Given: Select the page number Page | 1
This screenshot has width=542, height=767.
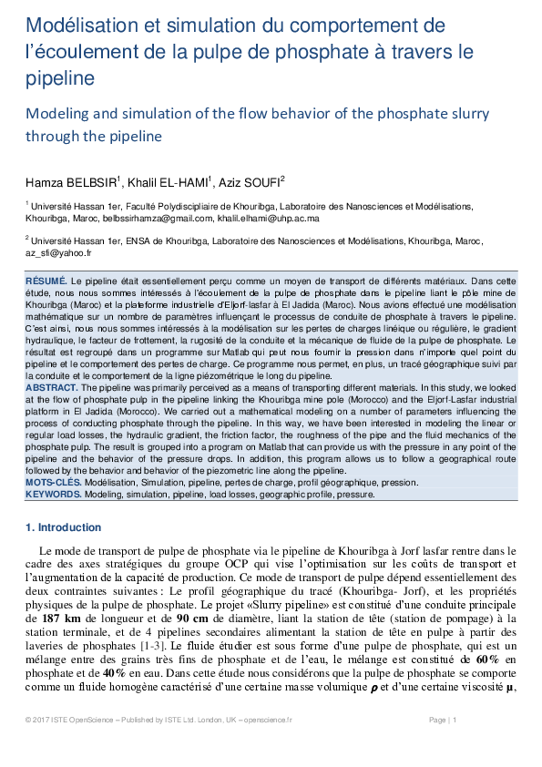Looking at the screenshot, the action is (x=442, y=745).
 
